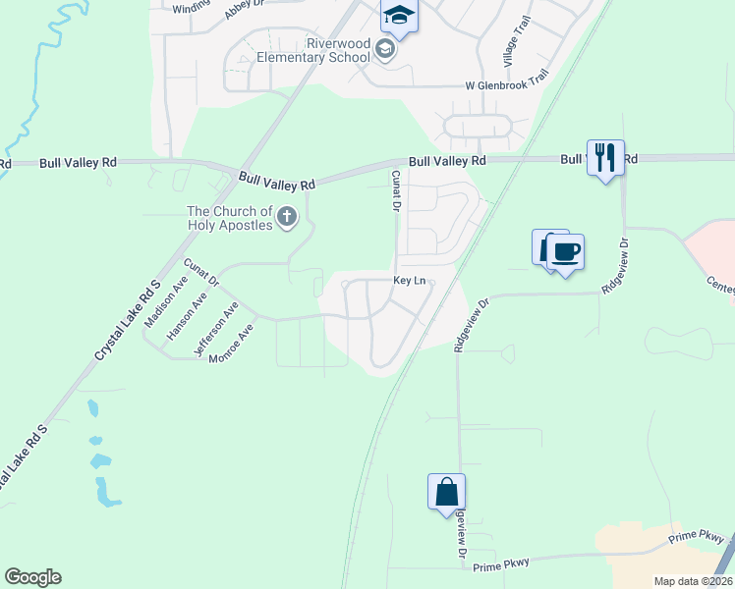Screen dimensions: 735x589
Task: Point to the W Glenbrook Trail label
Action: pyautogui.click(x=506, y=84)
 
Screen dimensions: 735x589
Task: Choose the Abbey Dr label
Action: pyautogui.click(x=246, y=5)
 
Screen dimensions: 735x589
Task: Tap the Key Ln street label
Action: pyautogui.click(x=410, y=281)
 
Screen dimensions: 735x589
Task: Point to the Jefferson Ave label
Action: pyautogui.click(x=216, y=328)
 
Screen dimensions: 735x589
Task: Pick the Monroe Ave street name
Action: pyautogui.click(x=232, y=345)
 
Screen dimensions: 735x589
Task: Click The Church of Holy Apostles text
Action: pyautogui.click(x=230, y=218)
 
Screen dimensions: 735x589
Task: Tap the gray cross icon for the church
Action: pyautogui.click(x=287, y=217)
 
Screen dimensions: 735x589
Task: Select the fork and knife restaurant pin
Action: pyautogui.click(x=605, y=157)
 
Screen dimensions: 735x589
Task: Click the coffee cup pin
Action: pyautogui.click(x=565, y=253)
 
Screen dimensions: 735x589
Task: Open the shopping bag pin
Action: pyautogui.click(x=446, y=491)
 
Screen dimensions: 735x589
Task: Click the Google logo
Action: pyautogui.click(x=32, y=577)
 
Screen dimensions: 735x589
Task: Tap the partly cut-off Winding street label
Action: pyautogui.click(x=191, y=8)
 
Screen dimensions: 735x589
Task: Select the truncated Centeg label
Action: pyautogui.click(x=720, y=285)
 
